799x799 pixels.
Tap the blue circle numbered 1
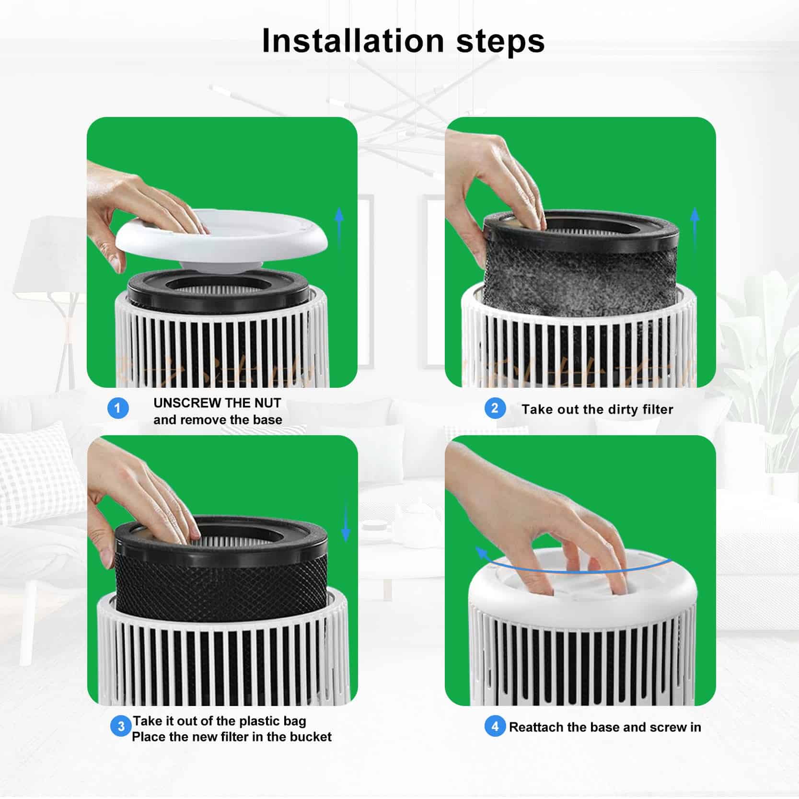tap(118, 409)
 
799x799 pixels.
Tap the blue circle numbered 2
tap(495, 409)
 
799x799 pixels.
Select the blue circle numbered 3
tap(121, 727)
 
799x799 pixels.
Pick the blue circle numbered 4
tap(495, 727)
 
